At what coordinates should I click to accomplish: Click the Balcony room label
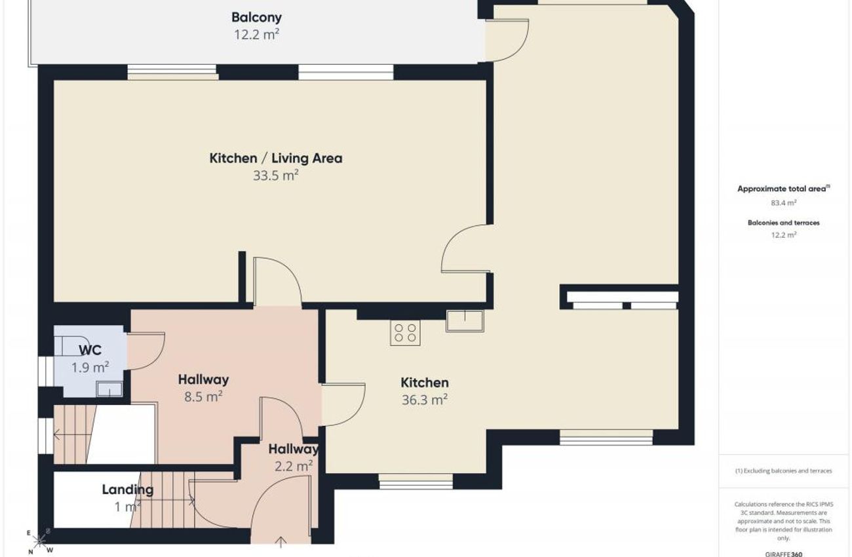tap(256, 18)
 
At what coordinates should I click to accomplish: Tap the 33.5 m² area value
tap(276, 176)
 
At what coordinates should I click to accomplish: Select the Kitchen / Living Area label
tap(276, 158)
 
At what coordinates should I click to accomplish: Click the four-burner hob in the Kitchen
tap(405, 333)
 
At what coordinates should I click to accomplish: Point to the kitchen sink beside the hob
tap(465, 321)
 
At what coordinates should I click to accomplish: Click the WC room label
tap(90, 350)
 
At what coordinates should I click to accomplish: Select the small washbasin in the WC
tap(109, 389)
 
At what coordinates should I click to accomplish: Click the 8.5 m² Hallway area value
tap(203, 397)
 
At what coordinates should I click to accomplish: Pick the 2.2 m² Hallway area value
tap(294, 466)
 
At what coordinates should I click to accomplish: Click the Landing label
tap(128, 490)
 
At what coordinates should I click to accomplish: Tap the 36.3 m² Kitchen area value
tap(425, 400)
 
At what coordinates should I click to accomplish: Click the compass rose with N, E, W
tap(39, 541)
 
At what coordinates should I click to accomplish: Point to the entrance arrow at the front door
tap(281, 542)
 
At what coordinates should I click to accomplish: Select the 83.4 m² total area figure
tap(784, 202)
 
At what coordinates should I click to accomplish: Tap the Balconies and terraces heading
tap(784, 223)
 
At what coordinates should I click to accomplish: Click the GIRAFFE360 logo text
tap(784, 554)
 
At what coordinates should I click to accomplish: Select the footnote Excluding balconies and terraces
tap(784, 471)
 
